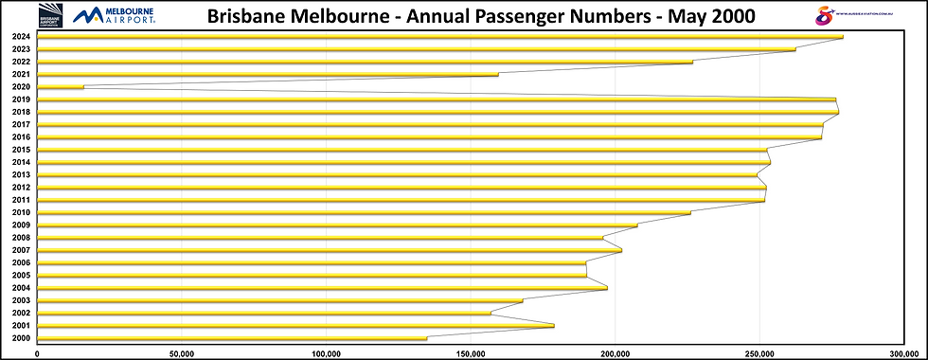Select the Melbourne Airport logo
point(115,15)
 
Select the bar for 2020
point(60,87)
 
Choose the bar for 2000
point(231,338)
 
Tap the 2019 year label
point(21,99)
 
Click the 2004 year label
point(21,288)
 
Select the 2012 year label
point(21,188)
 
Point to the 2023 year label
point(21,49)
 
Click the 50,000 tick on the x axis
point(181,353)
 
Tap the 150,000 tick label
point(471,353)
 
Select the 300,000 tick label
point(904,353)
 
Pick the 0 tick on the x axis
point(37,353)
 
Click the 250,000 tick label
point(759,353)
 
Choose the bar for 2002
point(263,314)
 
